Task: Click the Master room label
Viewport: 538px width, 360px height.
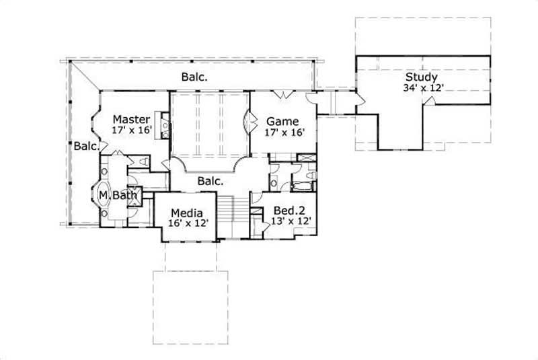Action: click(131, 119)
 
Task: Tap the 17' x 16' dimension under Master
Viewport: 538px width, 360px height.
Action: click(132, 131)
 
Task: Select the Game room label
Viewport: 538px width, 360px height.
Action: click(282, 121)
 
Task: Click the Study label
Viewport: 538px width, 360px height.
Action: click(422, 77)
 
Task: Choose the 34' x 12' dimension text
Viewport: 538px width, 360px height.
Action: click(422, 88)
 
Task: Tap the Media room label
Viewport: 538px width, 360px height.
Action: click(186, 212)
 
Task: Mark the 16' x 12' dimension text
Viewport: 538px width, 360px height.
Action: click(186, 223)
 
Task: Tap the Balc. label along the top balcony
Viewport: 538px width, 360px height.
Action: click(194, 77)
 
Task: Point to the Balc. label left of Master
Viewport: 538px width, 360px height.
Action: click(87, 145)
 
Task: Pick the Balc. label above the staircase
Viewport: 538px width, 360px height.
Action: click(210, 181)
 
